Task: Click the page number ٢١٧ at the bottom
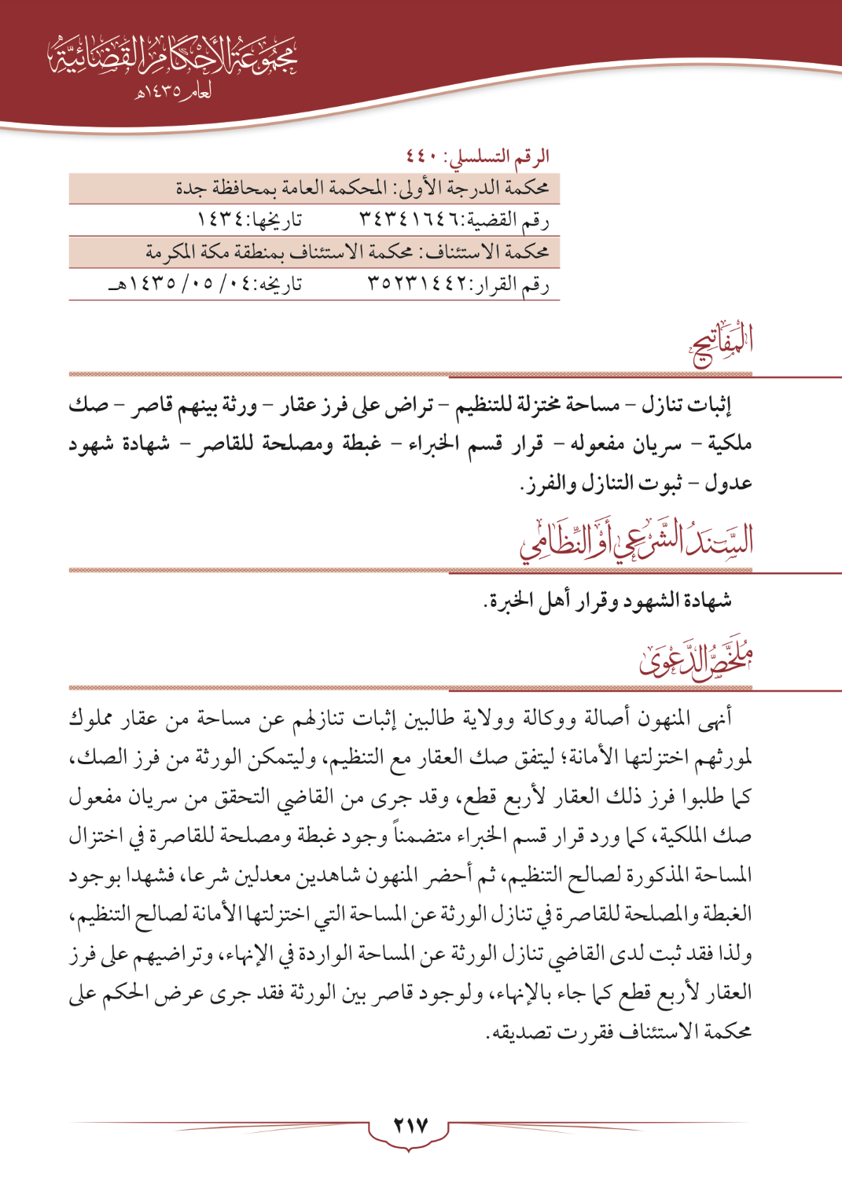point(410,1126)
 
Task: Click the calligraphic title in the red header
point(173,57)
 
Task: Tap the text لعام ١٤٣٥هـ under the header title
point(173,92)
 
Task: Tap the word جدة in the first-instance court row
point(191,189)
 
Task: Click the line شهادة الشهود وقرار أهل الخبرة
point(607,601)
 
